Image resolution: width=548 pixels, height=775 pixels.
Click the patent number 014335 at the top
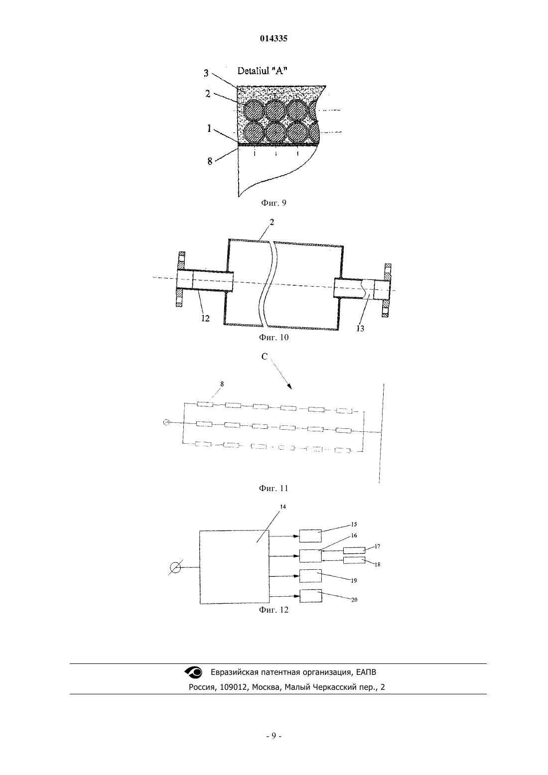tap(274, 38)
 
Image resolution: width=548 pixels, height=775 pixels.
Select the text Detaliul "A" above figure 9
tap(262, 71)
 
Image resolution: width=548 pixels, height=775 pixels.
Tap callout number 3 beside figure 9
tap(206, 73)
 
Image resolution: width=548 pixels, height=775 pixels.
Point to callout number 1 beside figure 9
tap(209, 129)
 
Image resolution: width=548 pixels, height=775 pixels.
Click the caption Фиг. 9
tap(274, 203)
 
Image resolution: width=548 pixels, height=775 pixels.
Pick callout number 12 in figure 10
tap(205, 318)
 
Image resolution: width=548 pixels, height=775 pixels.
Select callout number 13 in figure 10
tap(360, 328)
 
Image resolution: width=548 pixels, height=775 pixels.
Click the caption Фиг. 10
tap(274, 337)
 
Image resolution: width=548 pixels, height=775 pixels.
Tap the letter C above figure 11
tap(265, 357)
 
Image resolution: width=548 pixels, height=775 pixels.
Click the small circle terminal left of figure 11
tap(166, 422)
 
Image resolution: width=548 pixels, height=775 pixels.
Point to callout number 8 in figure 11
tap(222, 384)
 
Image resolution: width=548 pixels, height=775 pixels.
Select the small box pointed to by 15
tap(310, 536)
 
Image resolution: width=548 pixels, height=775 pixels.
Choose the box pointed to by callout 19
tap(310, 576)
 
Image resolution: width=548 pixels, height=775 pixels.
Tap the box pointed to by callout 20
tap(310, 596)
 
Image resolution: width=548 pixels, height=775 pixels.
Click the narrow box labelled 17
tap(354, 550)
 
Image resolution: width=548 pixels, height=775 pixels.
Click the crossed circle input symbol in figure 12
tap(175, 568)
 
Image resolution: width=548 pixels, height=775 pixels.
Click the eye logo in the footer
tap(193, 672)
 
